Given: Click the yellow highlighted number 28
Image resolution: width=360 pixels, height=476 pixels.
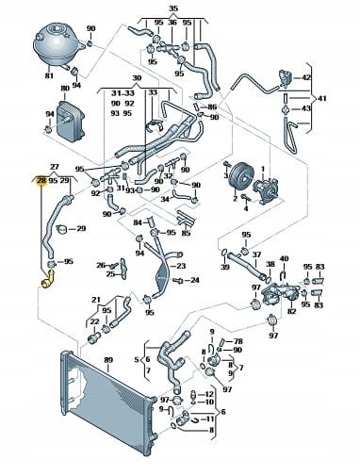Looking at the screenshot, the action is (41, 181).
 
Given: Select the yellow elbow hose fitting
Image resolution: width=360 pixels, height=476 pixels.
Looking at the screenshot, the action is (48, 280).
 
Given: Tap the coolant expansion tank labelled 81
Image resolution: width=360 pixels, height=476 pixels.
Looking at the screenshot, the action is (57, 46).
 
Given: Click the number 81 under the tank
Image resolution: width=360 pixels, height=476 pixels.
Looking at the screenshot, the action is (49, 75).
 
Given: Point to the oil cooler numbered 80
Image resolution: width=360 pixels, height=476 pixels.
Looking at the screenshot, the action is (70, 120).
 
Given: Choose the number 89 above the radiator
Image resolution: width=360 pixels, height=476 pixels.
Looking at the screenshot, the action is (108, 360).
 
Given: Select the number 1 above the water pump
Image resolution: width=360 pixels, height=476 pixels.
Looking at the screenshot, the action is (263, 170).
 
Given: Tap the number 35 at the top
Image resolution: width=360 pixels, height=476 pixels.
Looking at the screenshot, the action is (173, 8).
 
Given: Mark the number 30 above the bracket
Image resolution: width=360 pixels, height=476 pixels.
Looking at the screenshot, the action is (137, 78).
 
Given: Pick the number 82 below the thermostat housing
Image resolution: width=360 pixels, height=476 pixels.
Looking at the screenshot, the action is (292, 311).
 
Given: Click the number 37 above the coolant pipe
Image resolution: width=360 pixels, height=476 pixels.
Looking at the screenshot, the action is (256, 254).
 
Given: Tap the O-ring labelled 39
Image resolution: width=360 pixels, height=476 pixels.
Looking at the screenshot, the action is (225, 253).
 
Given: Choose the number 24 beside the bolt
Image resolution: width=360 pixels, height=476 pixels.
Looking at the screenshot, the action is (195, 280).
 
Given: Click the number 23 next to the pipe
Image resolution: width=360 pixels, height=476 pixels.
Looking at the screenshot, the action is (181, 266).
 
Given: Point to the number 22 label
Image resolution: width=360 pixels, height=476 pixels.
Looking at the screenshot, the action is (94, 321).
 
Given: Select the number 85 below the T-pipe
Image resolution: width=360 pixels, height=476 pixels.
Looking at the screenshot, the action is (186, 233).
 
